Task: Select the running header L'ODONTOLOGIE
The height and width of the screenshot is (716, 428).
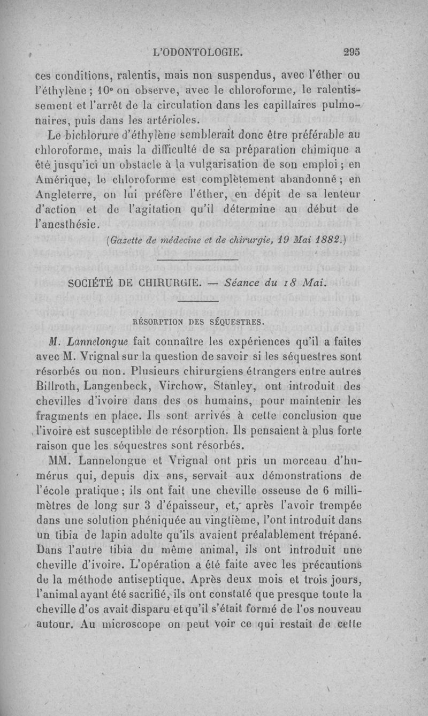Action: click(198, 52)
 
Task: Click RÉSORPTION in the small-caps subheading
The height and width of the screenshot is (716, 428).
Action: click(159, 322)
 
